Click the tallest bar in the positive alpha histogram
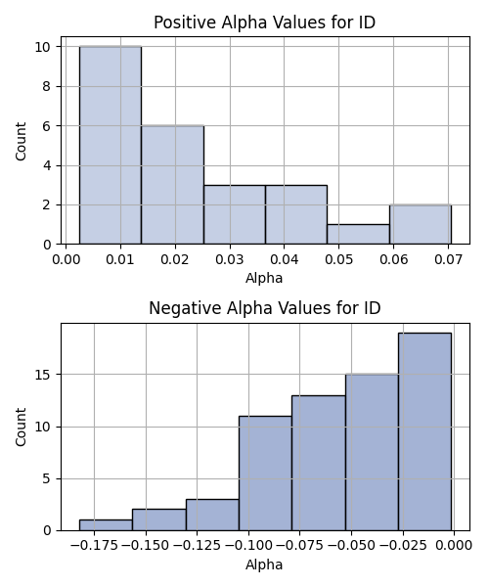coord(111,145)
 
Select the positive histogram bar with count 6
coord(172,185)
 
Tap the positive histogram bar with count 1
coord(358,235)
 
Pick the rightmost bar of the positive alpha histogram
coord(421,225)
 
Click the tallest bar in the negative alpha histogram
coord(425,431)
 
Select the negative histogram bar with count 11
coord(265,474)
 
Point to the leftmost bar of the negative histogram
coord(106,525)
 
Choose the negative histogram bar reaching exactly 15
coord(372,452)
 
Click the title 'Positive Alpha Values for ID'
coord(264,23)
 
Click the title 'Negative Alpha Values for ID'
coord(264,308)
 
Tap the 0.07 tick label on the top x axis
coord(448,259)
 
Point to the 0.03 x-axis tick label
coord(230,259)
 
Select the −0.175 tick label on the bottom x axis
coord(94,546)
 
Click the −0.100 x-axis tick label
coord(248,546)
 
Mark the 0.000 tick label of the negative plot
coord(454,546)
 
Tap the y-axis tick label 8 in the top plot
coord(47,86)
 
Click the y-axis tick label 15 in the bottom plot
coord(43,375)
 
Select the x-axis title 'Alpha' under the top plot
coord(264,278)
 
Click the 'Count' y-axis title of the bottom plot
coord(21,428)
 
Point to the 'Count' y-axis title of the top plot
coord(21,141)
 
